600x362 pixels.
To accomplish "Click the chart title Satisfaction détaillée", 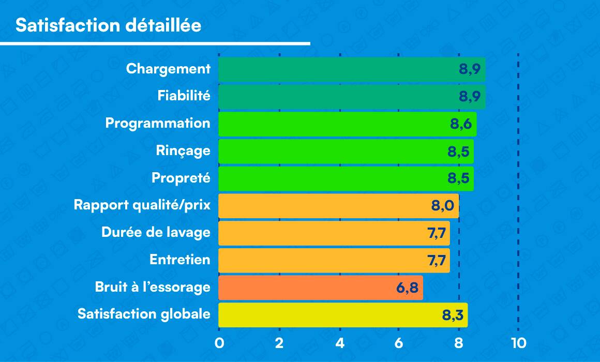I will pyautogui.click(x=108, y=26).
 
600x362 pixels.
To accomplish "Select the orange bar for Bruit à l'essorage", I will pyautogui.click(x=321, y=288).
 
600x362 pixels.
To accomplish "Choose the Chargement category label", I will pyautogui.click(x=168, y=69).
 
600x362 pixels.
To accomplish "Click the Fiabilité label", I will pyautogui.click(x=184, y=96).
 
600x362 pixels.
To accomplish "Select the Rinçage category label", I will pyautogui.click(x=183, y=150).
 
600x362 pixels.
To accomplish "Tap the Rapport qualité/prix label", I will pyautogui.click(x=142, y=205).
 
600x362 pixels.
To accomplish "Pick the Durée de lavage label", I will pyautogui.click(x=156, y=233).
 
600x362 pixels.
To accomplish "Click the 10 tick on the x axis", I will pyautogui.click(x=518, y=343).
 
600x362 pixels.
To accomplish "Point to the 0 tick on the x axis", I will pyautogui.click(x=219, y=343).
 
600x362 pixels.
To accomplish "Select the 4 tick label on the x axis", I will pyautogui.click(x=339, y=343).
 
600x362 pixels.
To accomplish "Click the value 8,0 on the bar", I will pyautogui.click(x=442, y=206).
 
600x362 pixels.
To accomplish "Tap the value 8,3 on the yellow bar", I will pyautogui.click(x=452, y=315).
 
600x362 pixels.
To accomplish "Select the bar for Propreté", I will pyautogui.click(x=346, y=178).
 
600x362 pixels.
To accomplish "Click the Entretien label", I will pyautogui.click(x=180, y=260).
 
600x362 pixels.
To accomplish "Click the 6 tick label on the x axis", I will pyautogui.click(x=399, y=343).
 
